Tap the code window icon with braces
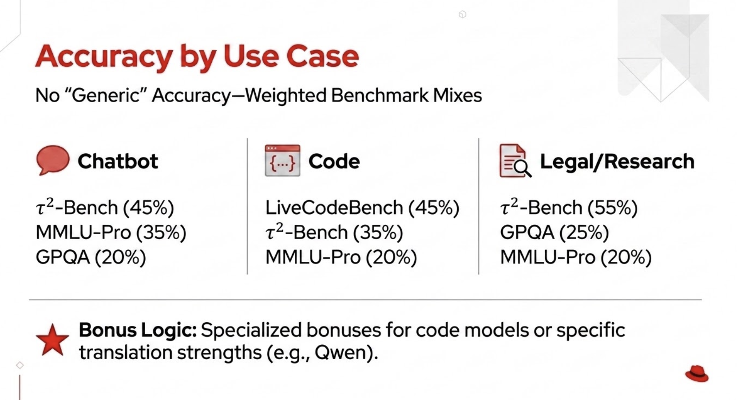coord(282,160)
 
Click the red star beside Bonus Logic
coord(52,340)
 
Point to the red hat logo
coord(697,374)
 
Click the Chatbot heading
coord(118,161)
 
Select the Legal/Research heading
coord(617,161)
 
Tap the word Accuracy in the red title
coord(104,57)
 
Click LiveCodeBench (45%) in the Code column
coord(362,208)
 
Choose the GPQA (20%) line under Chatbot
coord(91,257)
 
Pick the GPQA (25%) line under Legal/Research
coord(555,232)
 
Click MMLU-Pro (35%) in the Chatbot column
coord(111,232)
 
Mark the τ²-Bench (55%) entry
coord(569,207)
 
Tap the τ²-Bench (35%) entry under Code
coord(334,232)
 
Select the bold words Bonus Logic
coord(138,330)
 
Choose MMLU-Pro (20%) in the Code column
coord(341,257)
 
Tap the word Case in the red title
coord(322,57)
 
